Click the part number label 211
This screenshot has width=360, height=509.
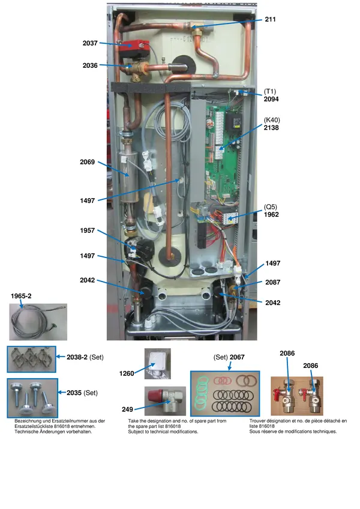(270, 19)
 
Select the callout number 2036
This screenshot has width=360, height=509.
(90, 65)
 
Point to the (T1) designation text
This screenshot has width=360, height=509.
(270, 92)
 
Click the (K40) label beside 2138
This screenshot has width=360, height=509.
(272, 120)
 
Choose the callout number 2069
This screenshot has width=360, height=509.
(88, 162)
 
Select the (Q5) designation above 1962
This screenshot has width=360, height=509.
(271, 207)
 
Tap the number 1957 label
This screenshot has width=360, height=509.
(88, 230)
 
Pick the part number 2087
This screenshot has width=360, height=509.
(272, 283)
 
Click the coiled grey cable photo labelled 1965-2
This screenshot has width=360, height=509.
(38, 322)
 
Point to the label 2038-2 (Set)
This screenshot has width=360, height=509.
(85, 357)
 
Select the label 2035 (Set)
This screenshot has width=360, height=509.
(82, 393)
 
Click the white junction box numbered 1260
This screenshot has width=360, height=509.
(157, 364)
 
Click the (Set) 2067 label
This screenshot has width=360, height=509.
(229, 357)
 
